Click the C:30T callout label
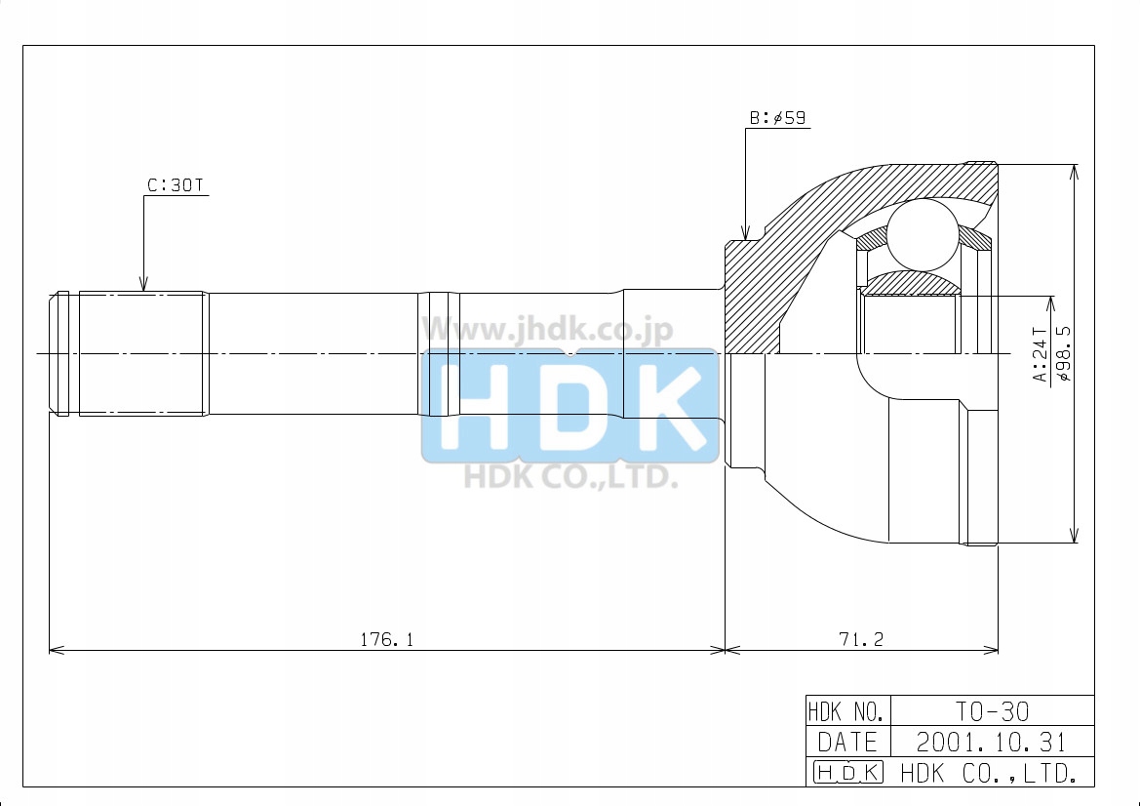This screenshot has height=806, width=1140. (176, 185)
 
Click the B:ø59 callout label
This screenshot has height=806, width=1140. (777, 118)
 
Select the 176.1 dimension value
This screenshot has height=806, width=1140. (386, 639)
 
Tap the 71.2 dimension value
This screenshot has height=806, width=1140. (861, 639)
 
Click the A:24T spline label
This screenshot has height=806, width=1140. (1041, 354)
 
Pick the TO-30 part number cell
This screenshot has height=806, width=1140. (992, 710)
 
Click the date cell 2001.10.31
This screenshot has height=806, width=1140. (992, 742)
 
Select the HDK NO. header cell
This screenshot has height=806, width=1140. (847, 710)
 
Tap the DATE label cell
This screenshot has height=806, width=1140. (847, 742)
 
